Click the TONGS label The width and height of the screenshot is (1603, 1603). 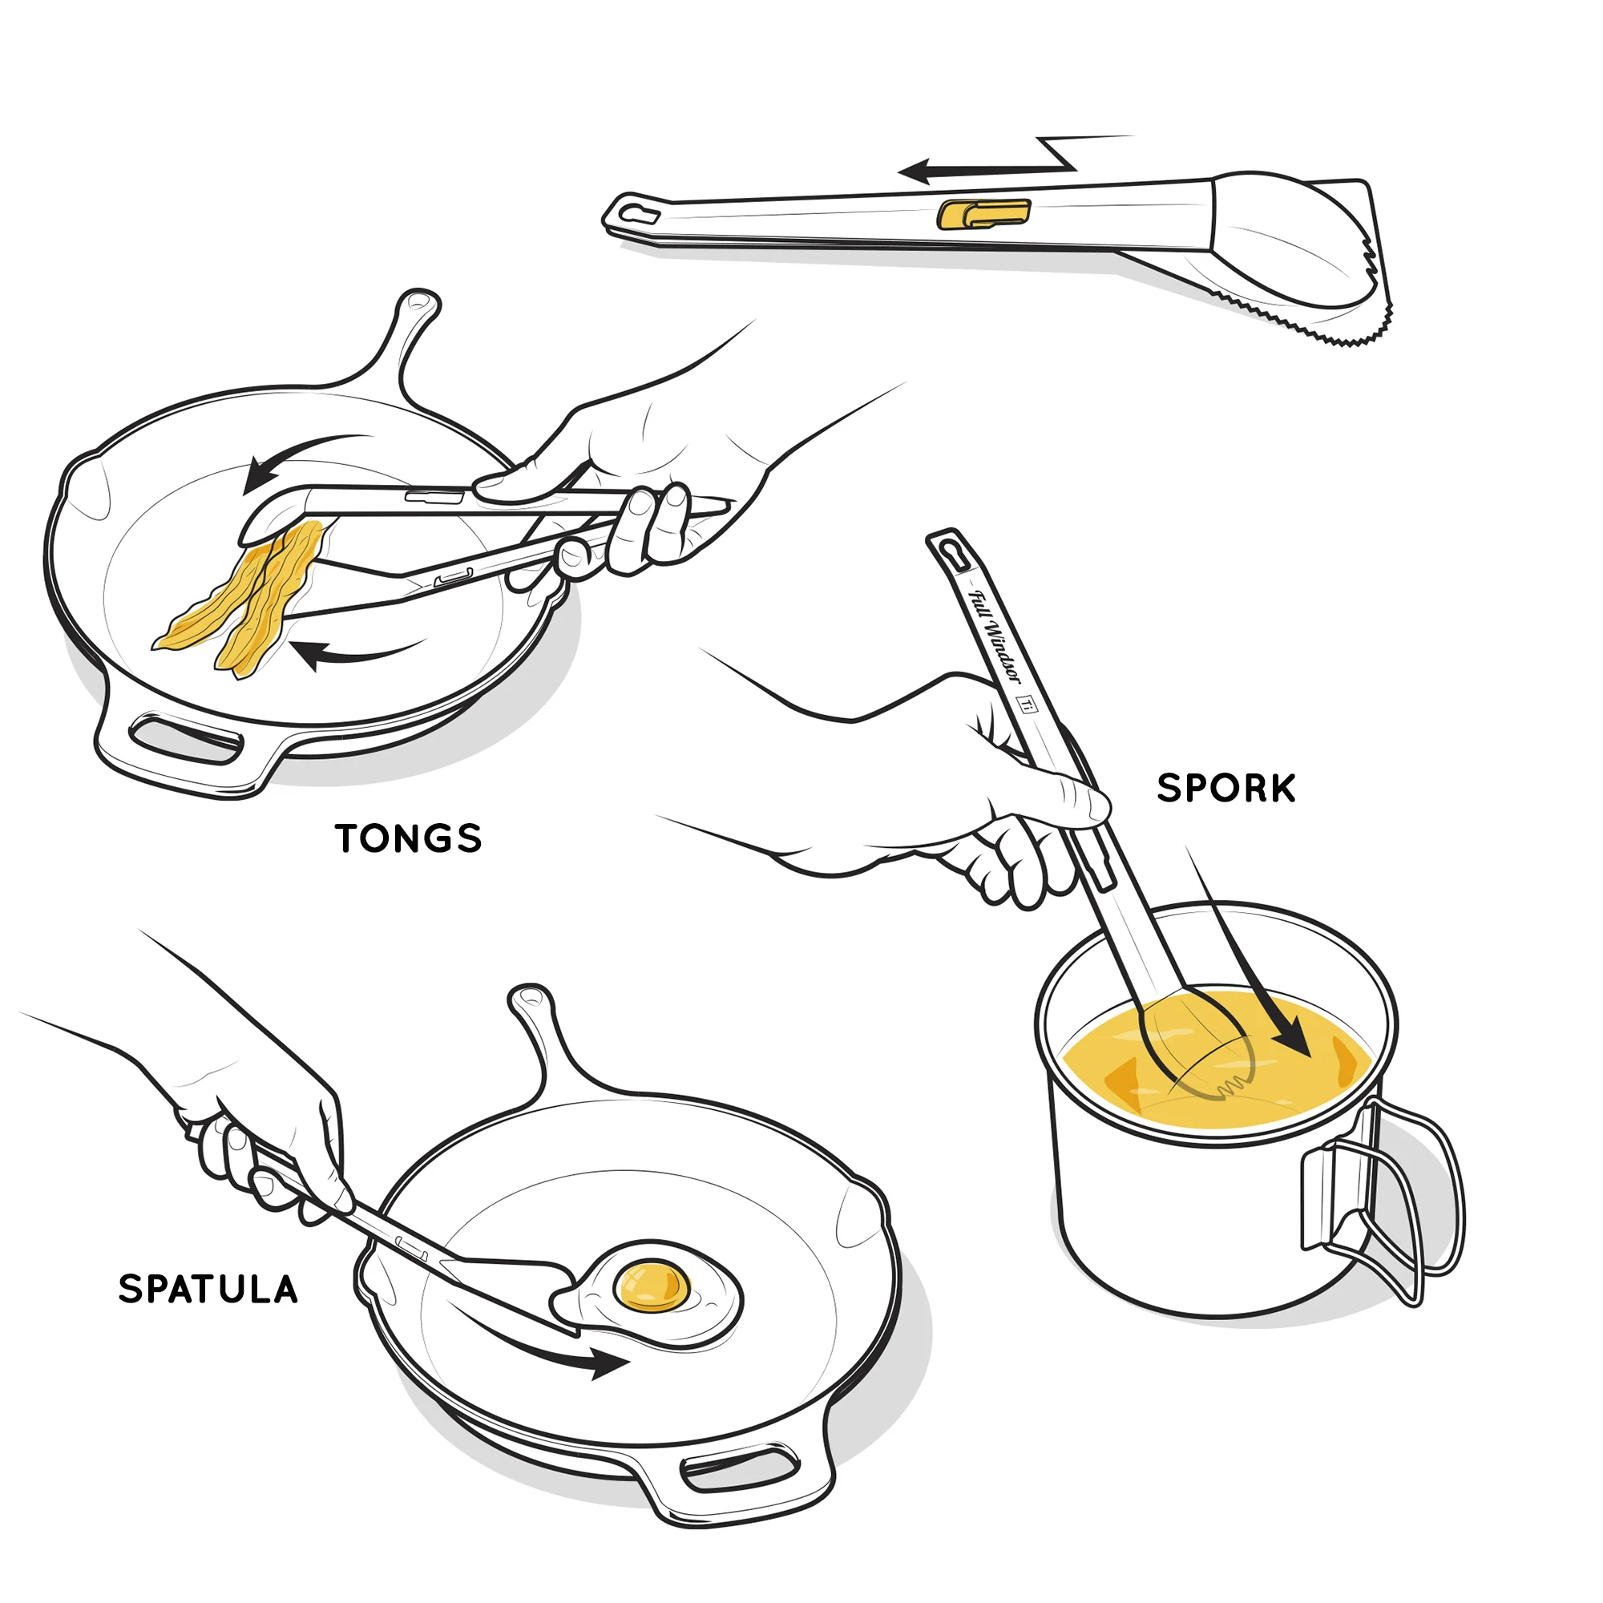[409, 839]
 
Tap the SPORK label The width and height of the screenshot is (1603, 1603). [1226, 789]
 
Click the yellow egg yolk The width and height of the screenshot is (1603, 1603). [652, 1286]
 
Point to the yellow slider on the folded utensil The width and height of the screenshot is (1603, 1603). [983, 214]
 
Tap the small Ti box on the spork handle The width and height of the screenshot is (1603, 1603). [1028, 705]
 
